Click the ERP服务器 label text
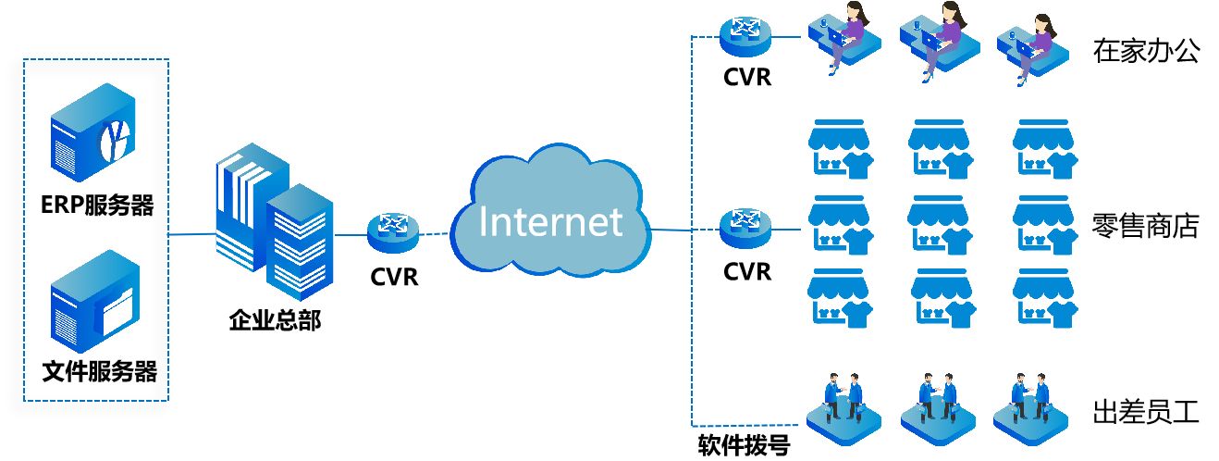pyautogui.click(x=96, y=206)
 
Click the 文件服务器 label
pyautogui.click(x=100, y=373)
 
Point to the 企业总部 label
pyautogui.click(x=275, y=321)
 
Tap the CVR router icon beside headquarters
pyautogui.click(x=393, y=231)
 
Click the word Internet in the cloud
pyautogui.click(x=550, y=222)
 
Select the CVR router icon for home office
pyautogui.click(x=746, y=35)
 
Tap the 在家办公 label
pyautogui.click(x=1145, y=51)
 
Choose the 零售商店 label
pyautogui.click(x=1145, y=226)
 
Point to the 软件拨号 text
pyautogui.click(x=744, y=446)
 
